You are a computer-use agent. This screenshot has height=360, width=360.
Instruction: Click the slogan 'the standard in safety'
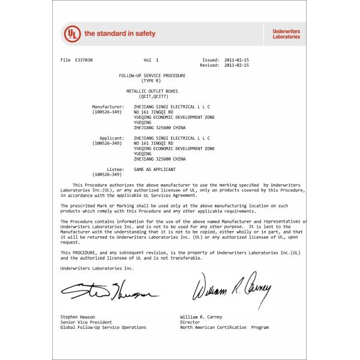pos(120,34)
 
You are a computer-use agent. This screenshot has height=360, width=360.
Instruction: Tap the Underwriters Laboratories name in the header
pos(286,34)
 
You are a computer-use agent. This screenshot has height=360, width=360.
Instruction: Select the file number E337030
pos(85,61)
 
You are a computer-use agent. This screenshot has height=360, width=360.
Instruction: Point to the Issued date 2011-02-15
pos(235,61)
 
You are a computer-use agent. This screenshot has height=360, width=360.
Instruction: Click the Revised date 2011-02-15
pos(235,65)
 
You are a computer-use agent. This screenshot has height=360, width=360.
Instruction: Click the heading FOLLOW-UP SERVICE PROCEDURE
pos(152,76)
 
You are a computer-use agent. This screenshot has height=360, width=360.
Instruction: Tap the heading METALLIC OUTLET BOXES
pos(152,91)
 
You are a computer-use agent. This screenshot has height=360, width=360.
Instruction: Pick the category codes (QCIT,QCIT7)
pos(152,96)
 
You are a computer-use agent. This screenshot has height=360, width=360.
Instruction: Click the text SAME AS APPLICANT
pos(155,169)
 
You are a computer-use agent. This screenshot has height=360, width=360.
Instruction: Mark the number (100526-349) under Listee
pos(107,174)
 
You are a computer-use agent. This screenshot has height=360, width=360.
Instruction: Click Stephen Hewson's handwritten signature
pos(108,292)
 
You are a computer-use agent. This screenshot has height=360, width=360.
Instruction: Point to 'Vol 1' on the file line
pos(151,61)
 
